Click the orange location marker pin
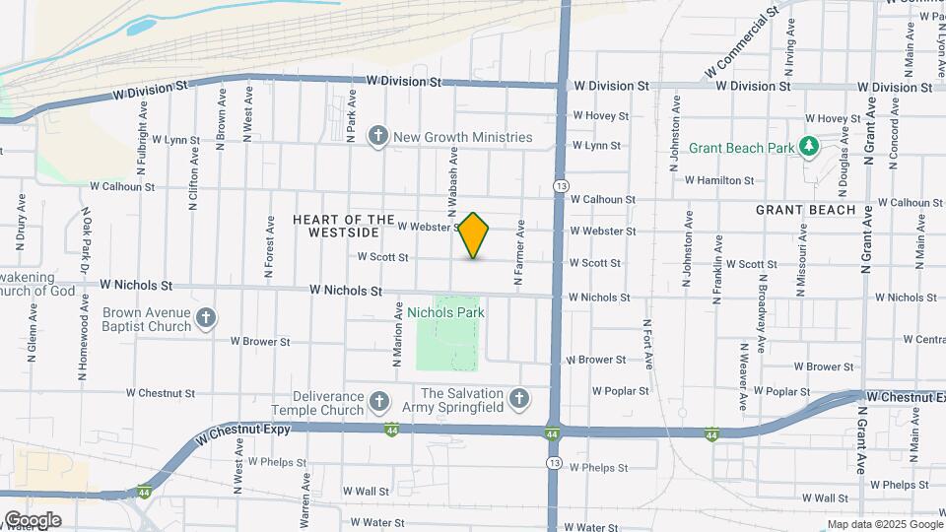click(474, 235)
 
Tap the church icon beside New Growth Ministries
click(377, 137)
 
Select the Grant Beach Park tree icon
click(809, 147)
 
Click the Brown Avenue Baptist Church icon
click(206, 317)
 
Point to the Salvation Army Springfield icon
click(519, 398)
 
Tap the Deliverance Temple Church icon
click(379, 401)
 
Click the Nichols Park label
click(445, 312)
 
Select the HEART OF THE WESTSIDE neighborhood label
click(337, 226)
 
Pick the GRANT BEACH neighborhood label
click(806, 210)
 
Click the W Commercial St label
click(742, 44)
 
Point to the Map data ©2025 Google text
click(884, 524)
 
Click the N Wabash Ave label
click(453, 182)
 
